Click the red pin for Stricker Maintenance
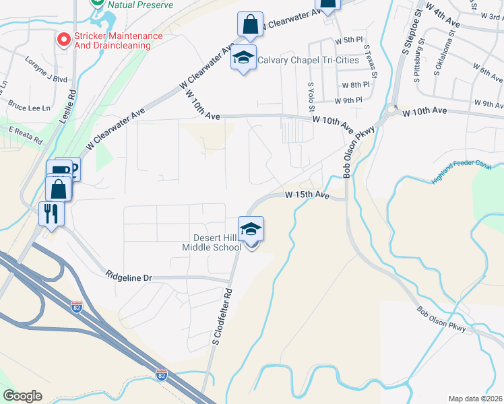click(x=64, y=40)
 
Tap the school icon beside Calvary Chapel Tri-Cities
click(x=243, y=57)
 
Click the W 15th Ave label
click(x=307, y=195)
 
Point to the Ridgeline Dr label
click(x=129, y=275)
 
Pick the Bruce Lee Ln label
click(x=29, y=107)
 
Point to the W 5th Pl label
click(x=348, y=40)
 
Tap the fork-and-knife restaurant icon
click(x=51, y=214)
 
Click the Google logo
click(x=22, y=396)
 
